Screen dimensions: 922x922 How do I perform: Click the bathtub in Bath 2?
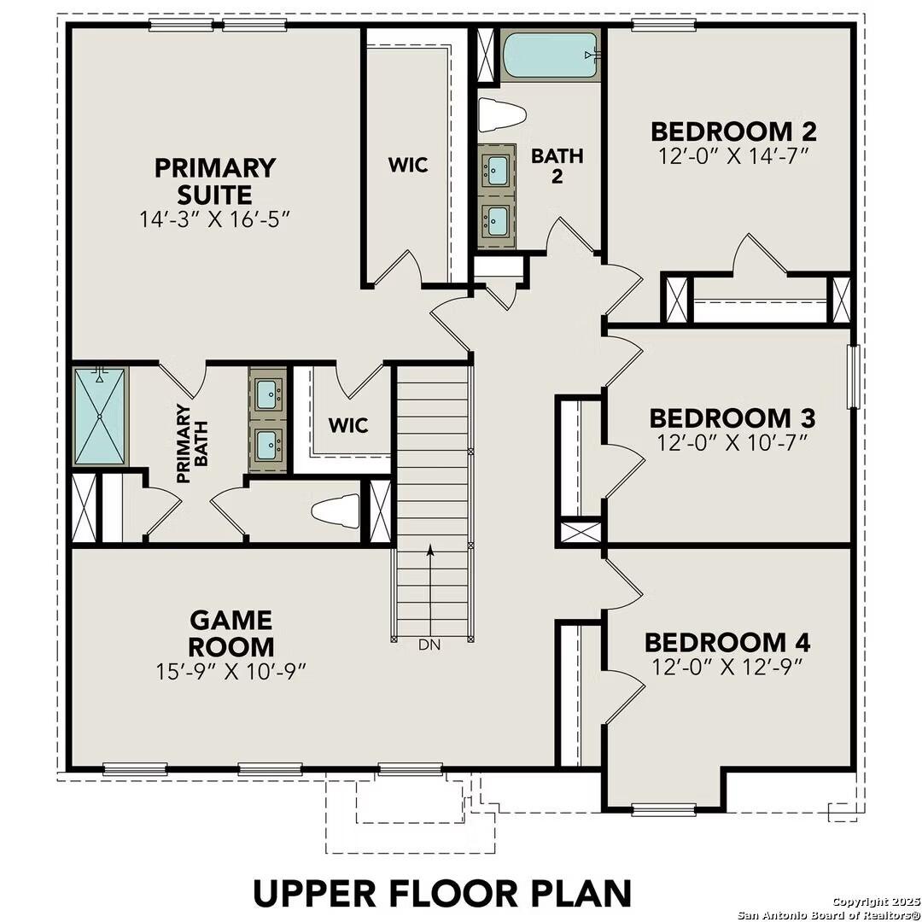pos(551,55)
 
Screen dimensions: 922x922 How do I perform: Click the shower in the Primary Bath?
pos(99,416)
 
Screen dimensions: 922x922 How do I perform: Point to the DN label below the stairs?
pos(429,645)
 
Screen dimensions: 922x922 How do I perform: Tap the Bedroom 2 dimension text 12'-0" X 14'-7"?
pos(733,156)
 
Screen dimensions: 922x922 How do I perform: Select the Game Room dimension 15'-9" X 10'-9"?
pos(231,671)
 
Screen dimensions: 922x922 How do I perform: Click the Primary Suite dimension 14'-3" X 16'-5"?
pos(215,219)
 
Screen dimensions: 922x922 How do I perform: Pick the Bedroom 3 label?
pos(732,418)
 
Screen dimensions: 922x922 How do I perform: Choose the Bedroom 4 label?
pos(727,642)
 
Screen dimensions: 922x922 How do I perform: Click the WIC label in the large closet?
pos(408,165)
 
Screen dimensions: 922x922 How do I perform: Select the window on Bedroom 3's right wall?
pos(851,376)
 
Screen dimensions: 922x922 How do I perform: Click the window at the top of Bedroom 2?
pos(656,25)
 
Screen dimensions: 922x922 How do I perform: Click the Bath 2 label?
pos(546,167)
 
